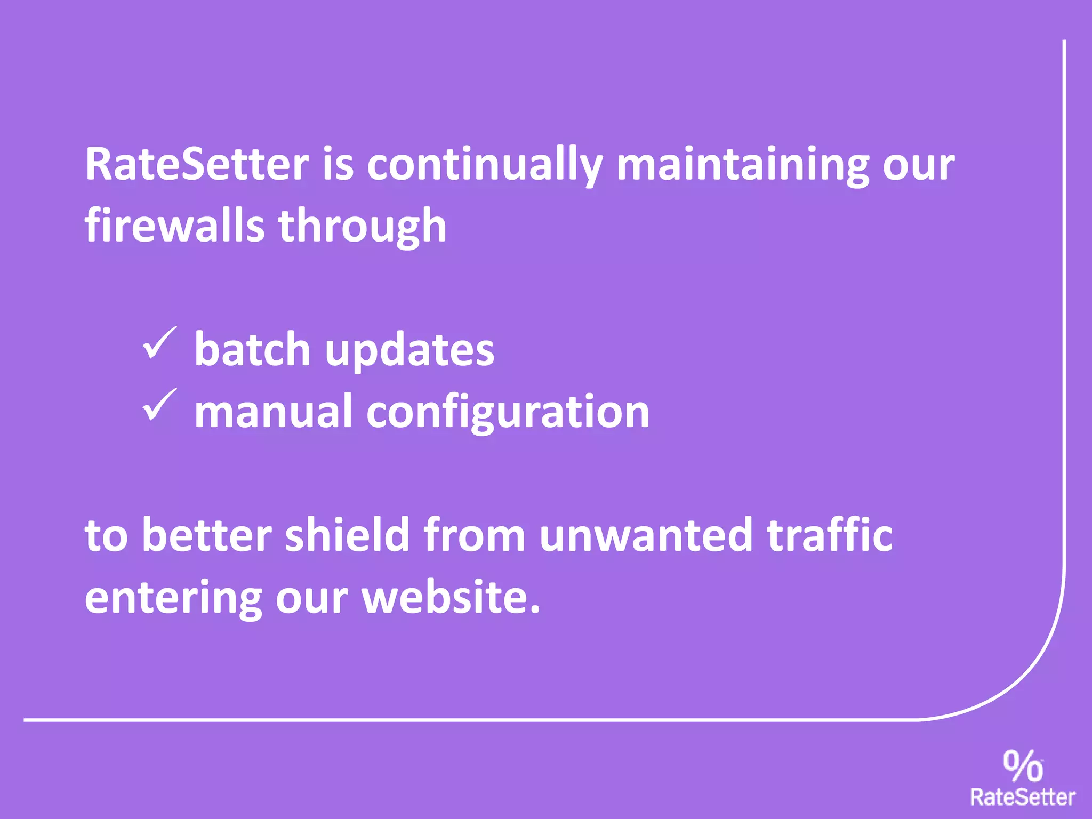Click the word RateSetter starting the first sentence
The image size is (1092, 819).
click(x=197, y=164)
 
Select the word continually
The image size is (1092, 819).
click(x=485, y=165)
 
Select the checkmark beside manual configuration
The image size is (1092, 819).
click(x=159, y=405)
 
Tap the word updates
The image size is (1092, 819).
click(x=409, y=351)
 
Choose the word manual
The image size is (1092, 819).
click(x=273, y=411)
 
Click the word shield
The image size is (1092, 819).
click(x=347, y=535)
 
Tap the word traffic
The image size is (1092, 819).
click(x=829, y=535)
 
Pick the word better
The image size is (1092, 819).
click(x=207, y=535)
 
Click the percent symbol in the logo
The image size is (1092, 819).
click(x=1023, y=766)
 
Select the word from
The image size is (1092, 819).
click(x=475, y=535)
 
